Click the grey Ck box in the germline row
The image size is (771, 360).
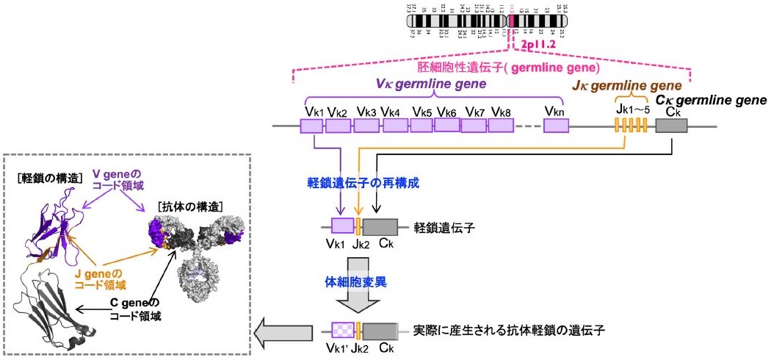pos(671,126)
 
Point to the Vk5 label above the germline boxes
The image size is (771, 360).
pos(421,112)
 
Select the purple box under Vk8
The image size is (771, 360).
pos(502,126)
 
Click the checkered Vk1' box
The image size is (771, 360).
pos(342,330)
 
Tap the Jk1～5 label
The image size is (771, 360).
pos(631,111)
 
